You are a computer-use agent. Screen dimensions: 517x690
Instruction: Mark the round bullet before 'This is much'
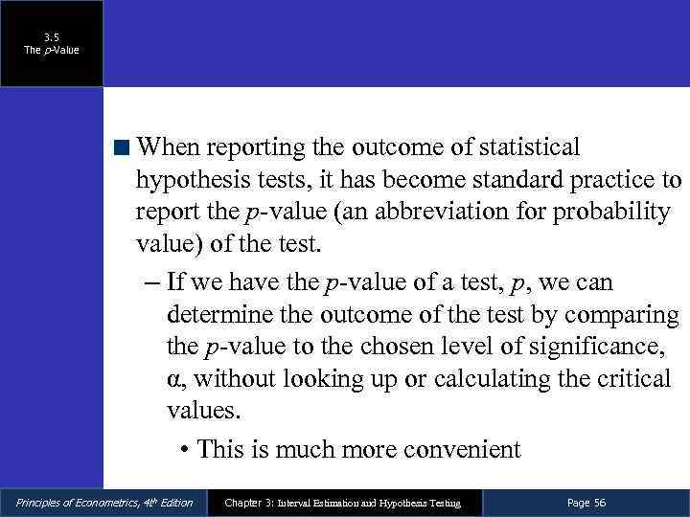tap(183, 450)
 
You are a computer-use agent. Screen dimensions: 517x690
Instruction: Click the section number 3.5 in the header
tap(52, 38)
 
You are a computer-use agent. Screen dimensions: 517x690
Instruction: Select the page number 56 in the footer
tap(600, 503)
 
